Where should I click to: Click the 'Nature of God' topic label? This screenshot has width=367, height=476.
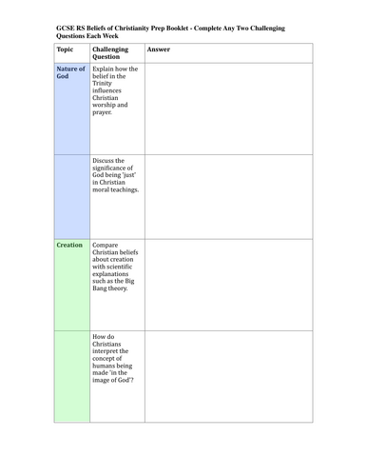(x=70, y=73)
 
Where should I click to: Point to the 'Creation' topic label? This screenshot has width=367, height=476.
(x=68, y=245)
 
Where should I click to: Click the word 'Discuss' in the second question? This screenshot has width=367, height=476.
(x=106, y=161)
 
